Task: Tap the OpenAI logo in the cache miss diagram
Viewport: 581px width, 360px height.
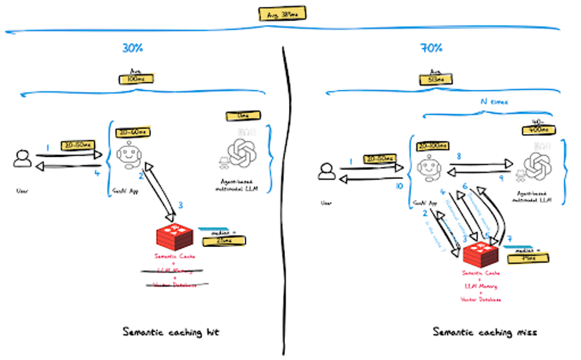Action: pos(535,166)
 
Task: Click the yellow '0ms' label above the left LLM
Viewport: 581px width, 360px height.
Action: pos(234,115)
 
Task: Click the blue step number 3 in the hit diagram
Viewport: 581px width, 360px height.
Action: pos(182,205)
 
